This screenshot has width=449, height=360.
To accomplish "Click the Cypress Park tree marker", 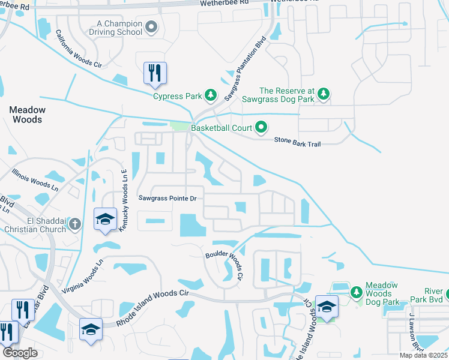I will tap(211, 95).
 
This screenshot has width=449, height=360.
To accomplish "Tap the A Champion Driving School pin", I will tap(151, 27).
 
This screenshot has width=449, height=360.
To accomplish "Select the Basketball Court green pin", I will tap(261, 127).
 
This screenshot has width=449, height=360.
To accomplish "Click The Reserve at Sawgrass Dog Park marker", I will tap(324, 94).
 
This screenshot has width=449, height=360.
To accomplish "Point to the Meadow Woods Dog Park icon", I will tap(356, 292).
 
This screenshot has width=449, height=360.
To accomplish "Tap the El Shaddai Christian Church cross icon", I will tap(74, 224).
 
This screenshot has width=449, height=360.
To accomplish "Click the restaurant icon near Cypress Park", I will tap(155, 73).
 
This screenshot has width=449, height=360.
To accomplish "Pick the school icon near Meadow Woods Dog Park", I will tap(327, 307).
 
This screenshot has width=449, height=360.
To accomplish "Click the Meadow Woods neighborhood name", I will tap(27, 115).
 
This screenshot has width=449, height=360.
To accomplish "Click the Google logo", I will tap(20, 353).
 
